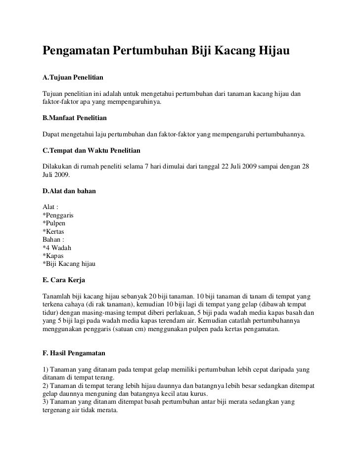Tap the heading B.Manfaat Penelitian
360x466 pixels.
point(75,119)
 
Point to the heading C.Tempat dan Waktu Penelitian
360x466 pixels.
point(91,148)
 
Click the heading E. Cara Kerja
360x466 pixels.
point(64,280)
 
